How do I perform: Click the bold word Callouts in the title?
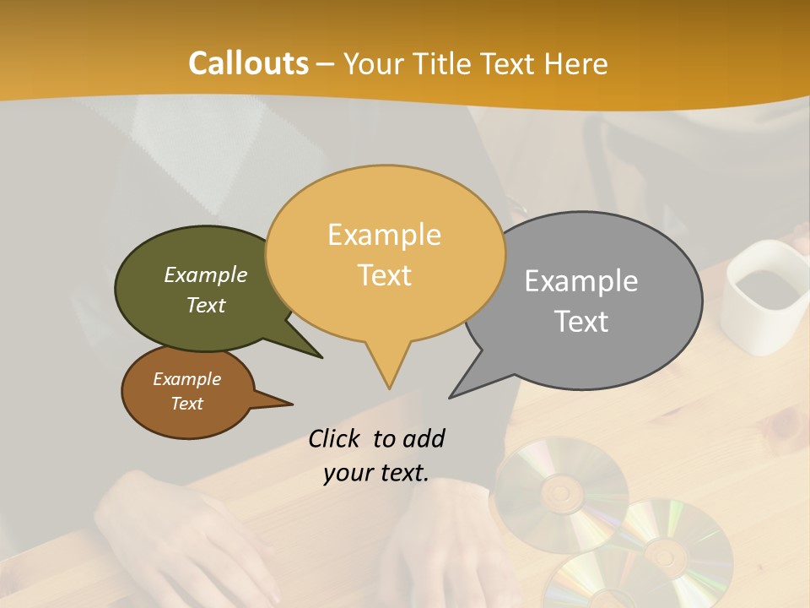point(248,63)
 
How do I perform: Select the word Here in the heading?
point(576,63)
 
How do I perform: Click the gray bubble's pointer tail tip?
point(451,396)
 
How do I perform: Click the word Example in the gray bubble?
point(581,281)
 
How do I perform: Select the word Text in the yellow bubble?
point(385,275)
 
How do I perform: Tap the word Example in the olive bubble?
point(206,275)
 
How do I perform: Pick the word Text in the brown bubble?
point(186,404)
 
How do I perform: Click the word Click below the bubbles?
point(334,438)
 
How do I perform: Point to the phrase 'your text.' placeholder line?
point(375,472)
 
